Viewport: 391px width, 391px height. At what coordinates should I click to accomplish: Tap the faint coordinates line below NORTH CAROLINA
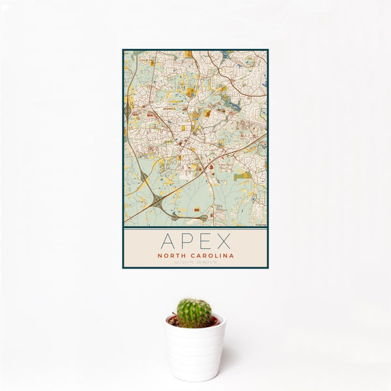[195, 262]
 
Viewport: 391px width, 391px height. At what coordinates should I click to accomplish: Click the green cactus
[194, 313]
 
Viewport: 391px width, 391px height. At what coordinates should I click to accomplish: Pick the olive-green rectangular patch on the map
[242, 176]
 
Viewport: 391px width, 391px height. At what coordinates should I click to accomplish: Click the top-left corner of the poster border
[123, 50]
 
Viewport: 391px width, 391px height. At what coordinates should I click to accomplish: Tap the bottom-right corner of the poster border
[267, 268]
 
